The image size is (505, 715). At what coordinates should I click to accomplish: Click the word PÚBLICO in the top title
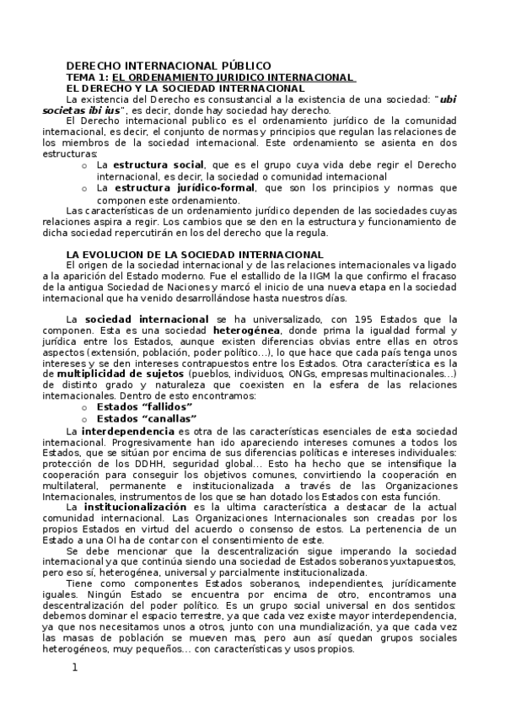tap(239, 65)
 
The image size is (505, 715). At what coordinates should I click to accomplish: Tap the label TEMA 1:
tap(87, 77)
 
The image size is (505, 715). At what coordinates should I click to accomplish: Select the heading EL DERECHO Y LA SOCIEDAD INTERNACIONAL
tap(185, 88)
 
